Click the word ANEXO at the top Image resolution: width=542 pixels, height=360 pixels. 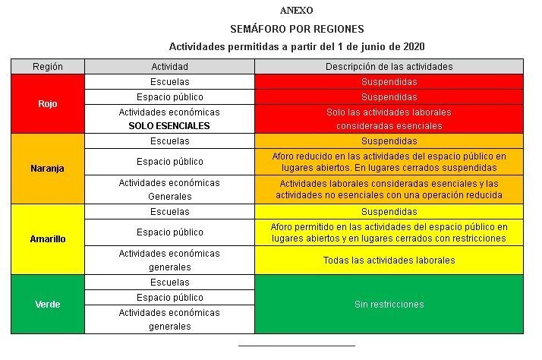[296, 11]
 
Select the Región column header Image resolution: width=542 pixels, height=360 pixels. [48, 67]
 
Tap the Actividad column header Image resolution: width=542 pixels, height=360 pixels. [170, 67]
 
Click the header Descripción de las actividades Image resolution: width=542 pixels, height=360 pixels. [389, 67]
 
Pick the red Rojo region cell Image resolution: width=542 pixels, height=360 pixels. [48, 104]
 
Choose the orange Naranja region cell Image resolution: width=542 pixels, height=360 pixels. [48, 169]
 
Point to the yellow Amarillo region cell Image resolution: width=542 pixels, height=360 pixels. [48, 238]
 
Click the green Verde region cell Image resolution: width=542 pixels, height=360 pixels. [48, 304]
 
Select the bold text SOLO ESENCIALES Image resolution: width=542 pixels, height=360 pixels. [169, 126]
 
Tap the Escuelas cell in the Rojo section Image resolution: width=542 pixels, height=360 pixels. [170, 81]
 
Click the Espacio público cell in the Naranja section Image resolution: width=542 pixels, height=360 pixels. [170, 162]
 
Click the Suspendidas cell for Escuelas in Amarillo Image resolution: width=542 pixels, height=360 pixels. [389, 212]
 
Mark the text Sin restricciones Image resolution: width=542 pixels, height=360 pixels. [389, 304]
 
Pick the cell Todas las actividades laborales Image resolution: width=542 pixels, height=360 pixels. [389, 260]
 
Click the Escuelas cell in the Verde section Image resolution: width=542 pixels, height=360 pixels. [170, 283]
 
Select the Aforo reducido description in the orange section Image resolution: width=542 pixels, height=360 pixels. [389, 162]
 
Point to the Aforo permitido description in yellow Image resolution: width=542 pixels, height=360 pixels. [389, 232]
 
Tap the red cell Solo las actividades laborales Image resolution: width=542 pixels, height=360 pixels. [389, 112]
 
